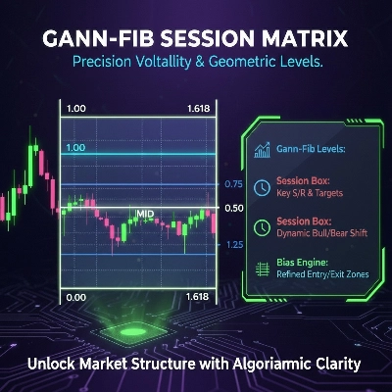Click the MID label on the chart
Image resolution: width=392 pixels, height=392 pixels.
pyautogui.click(x=145, y=213)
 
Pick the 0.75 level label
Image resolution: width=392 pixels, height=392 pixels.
pyautogui.click(x=233, y=184)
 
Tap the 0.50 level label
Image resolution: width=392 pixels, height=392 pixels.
pyautogui.click(x=233, y=209)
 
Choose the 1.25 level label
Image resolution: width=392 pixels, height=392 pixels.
pyautogui.click(x=233, y=244)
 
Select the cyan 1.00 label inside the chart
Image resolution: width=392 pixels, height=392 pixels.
pyautogui.click(x=74, y=147)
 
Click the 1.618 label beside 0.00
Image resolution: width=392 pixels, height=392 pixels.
pyautogui.click(x=196, y=296)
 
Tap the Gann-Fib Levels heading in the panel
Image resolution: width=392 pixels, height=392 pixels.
pyautogui.click(x=313, y=153)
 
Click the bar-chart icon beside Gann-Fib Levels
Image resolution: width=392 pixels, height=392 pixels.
pyautogui.click(x=263, y=152)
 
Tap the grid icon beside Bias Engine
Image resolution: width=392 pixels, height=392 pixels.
pyautogui.click(x=263, y=269)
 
